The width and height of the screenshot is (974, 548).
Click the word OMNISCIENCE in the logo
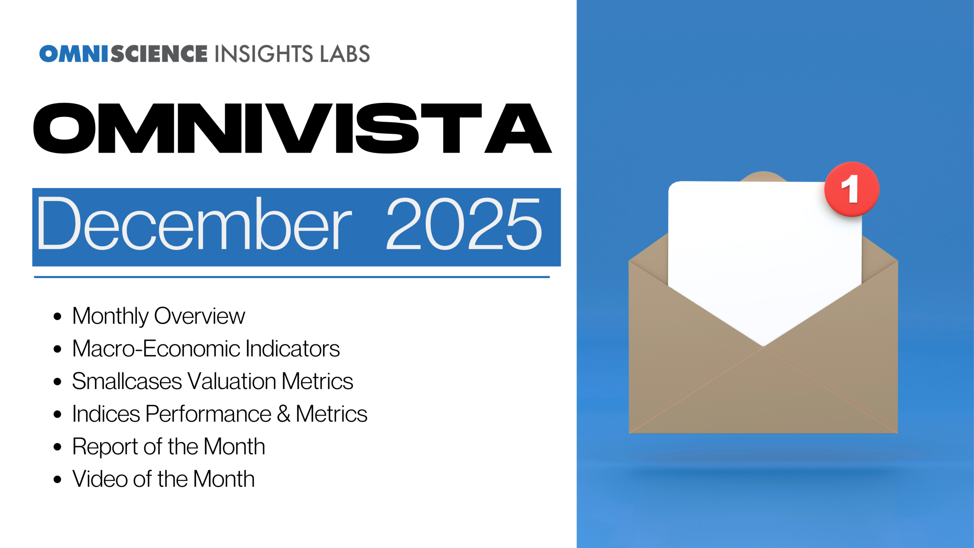(x=123, y=54)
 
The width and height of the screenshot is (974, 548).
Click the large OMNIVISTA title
(x=292, y=128)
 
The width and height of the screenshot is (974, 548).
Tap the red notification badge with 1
(x=851, y=189)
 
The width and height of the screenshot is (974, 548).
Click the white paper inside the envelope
(x=765, y=259)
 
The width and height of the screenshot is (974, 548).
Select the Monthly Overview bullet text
(x=159, y=316)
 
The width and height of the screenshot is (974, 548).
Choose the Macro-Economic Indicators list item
(x=206, y=349)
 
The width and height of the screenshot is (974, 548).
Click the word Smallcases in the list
(x=127, y=381)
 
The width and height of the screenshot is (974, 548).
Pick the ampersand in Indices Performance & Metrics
(x=283, y=414)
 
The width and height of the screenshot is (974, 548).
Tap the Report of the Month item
(x=169, y=447)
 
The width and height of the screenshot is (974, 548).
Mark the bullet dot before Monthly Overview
(x=57, y=316)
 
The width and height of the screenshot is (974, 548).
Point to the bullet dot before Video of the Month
(x=57, y=479)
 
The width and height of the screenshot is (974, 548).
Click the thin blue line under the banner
(x=292, y=277)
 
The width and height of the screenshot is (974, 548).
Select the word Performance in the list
(x=208, y=414)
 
